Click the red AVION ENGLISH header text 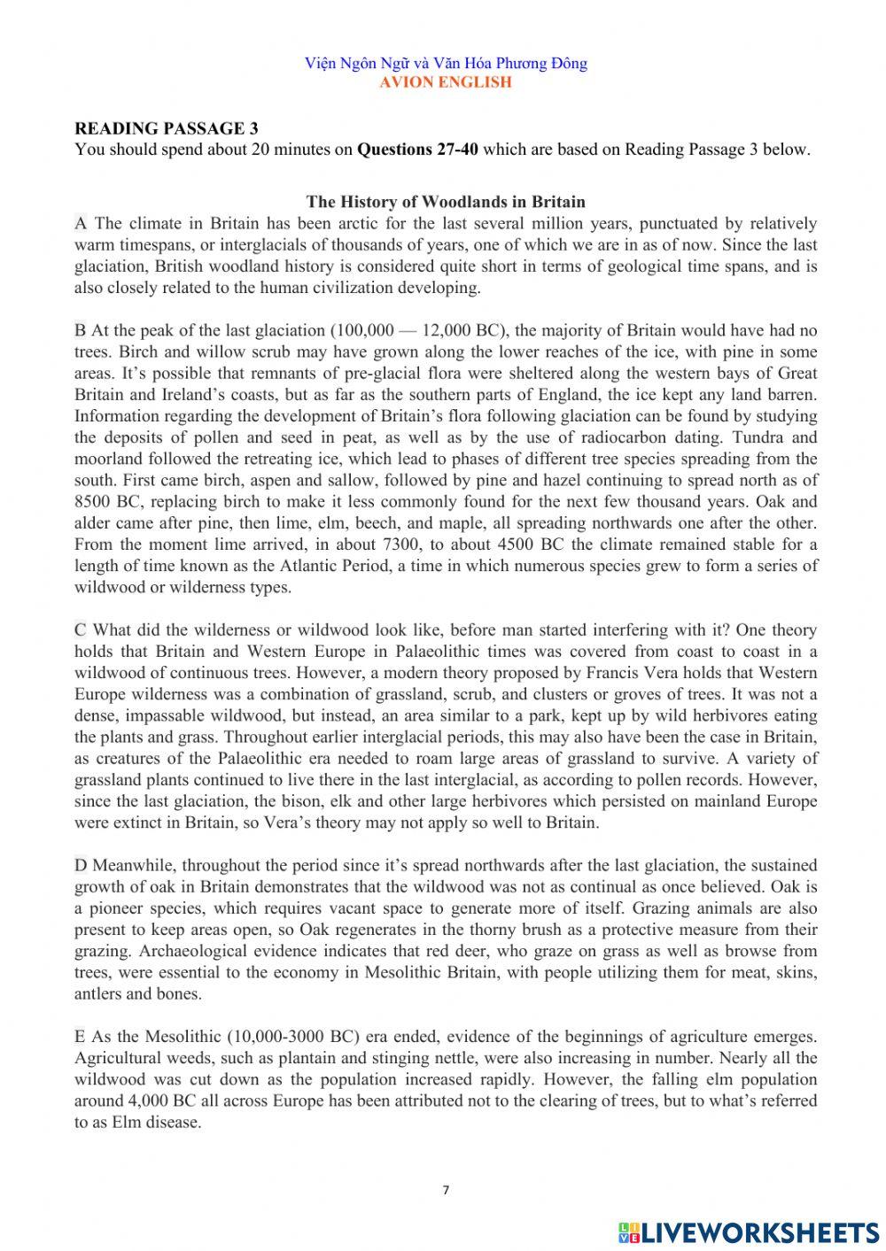[446, 82]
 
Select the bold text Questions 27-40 [417, 149]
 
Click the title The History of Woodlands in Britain [446, 202]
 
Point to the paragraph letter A [81, 223]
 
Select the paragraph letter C [81, 629]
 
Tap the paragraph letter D [81, 865]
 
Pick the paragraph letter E [80, 1036]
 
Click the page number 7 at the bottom [446, 1191]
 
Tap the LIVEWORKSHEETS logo [749, 1232]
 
